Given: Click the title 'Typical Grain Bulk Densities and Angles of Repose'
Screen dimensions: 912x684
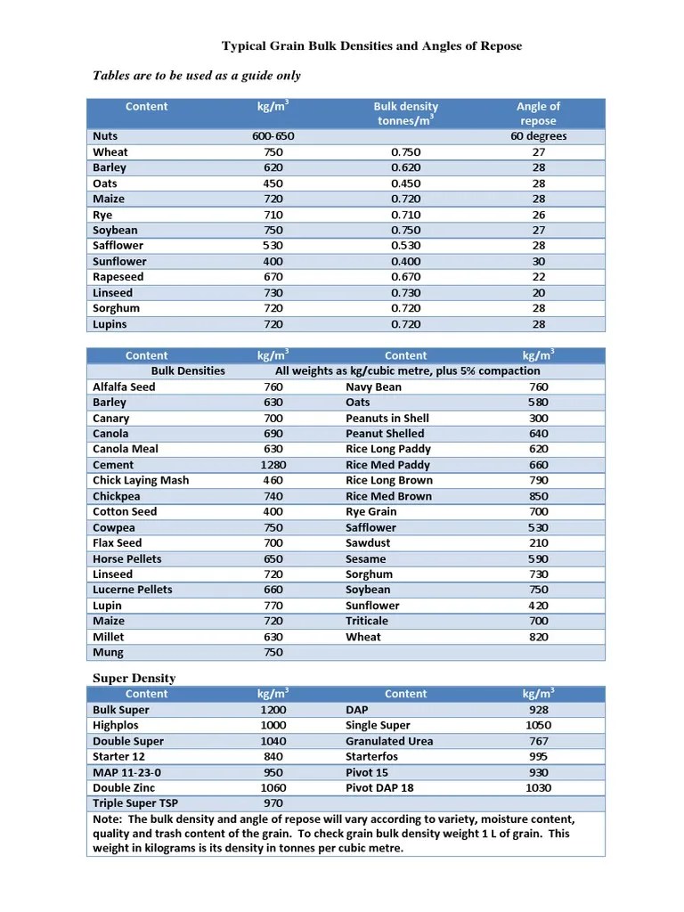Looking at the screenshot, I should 371,46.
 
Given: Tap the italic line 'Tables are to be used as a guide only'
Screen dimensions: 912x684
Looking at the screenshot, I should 197,76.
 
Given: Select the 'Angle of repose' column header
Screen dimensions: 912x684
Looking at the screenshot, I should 538,113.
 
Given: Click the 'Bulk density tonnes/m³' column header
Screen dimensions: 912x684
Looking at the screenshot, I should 406,113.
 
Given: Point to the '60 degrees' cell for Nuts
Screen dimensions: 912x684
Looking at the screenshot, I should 538,136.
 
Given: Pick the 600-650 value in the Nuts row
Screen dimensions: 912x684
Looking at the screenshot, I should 273,136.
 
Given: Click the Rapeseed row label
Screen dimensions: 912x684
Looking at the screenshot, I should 118,277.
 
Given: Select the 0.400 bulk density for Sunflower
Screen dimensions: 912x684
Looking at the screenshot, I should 406,261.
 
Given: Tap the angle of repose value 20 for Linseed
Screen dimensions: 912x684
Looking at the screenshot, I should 538,293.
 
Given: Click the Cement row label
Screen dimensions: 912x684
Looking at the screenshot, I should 113,465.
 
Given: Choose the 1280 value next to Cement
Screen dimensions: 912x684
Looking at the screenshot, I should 273,465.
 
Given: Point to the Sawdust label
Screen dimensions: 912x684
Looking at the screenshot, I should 368,542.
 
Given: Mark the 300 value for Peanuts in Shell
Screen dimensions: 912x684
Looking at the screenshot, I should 538,418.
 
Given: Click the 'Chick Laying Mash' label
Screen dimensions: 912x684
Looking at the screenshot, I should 141,480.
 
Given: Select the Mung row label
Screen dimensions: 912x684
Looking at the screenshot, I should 109,653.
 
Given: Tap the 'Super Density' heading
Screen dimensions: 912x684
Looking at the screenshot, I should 134,678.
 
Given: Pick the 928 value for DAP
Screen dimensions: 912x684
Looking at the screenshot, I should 538,710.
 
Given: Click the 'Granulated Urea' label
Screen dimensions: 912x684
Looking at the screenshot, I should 389,741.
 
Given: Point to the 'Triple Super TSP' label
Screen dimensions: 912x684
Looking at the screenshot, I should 135,803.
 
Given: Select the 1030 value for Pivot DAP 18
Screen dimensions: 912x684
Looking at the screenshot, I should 538,787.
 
